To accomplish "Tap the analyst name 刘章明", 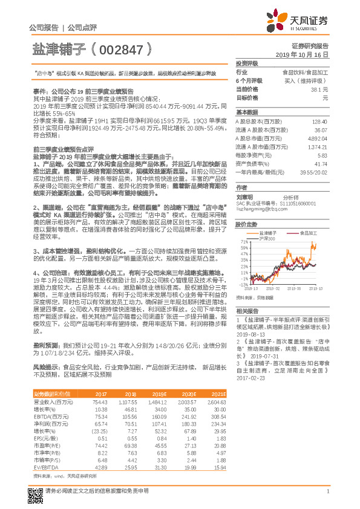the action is click(244, 196).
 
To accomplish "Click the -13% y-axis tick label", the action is click(243, 284).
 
